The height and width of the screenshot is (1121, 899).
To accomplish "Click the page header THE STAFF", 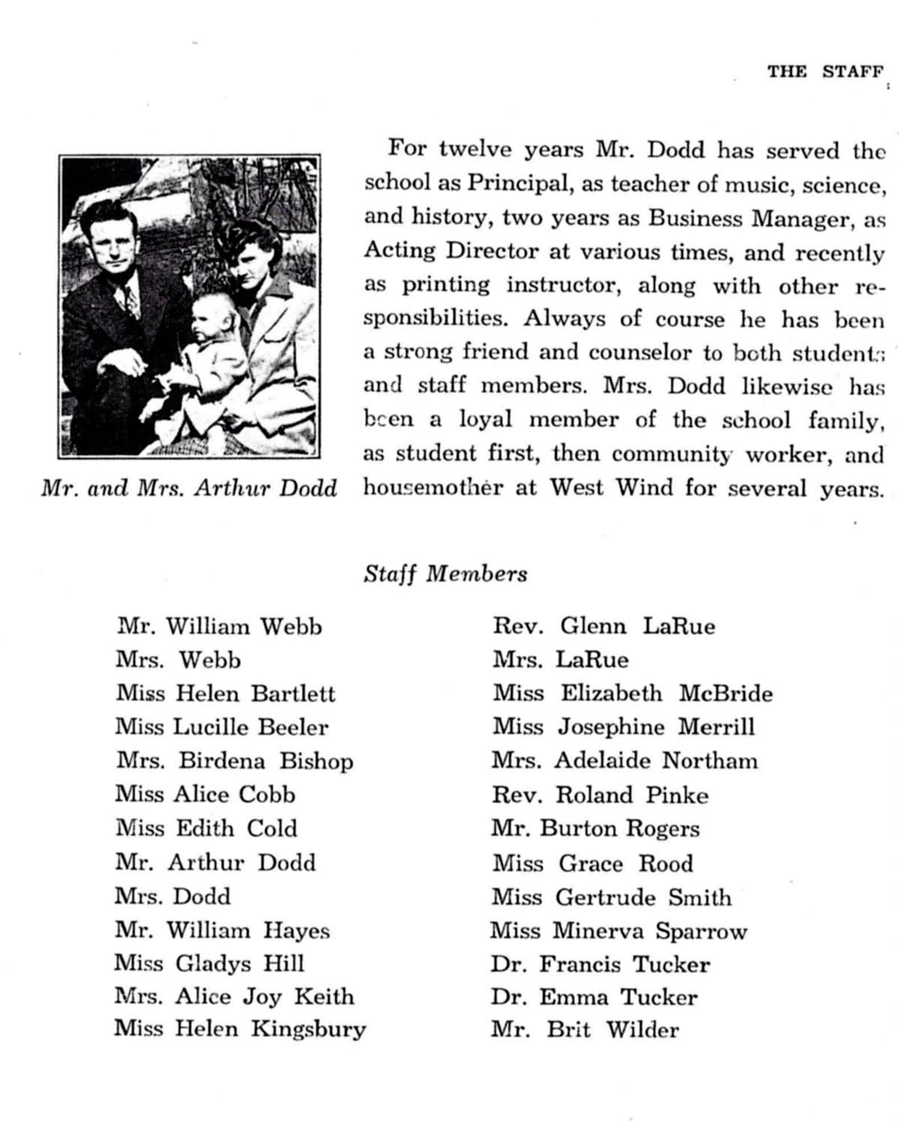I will (x=825, y=72).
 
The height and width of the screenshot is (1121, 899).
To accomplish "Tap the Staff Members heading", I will (x=445, y=574).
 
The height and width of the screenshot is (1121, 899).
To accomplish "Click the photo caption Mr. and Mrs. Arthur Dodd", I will (x=189, y=489).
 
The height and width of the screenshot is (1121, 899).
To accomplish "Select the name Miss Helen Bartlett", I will (x=225, y=694).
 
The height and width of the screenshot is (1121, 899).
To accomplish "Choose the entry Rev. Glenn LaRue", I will (x=604, y=626).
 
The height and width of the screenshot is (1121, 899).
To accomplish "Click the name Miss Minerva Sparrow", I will (x=619, y=931).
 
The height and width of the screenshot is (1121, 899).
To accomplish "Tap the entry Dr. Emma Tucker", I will (x=594, y=997).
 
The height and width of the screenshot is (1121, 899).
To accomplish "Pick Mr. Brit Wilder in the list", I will (x=585, y=1030).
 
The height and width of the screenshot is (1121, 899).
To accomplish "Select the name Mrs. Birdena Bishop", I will (x=234, y=761).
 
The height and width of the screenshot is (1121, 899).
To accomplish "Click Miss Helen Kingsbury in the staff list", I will (x=240, y=1029).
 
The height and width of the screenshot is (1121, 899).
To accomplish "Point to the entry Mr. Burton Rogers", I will (x=596, y=829).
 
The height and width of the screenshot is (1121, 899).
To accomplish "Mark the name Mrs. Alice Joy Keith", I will (x=234, y=997).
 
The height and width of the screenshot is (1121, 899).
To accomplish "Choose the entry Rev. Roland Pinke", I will (x=600, y=795).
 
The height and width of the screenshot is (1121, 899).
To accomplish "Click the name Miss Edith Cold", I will (x=206, y=829).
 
